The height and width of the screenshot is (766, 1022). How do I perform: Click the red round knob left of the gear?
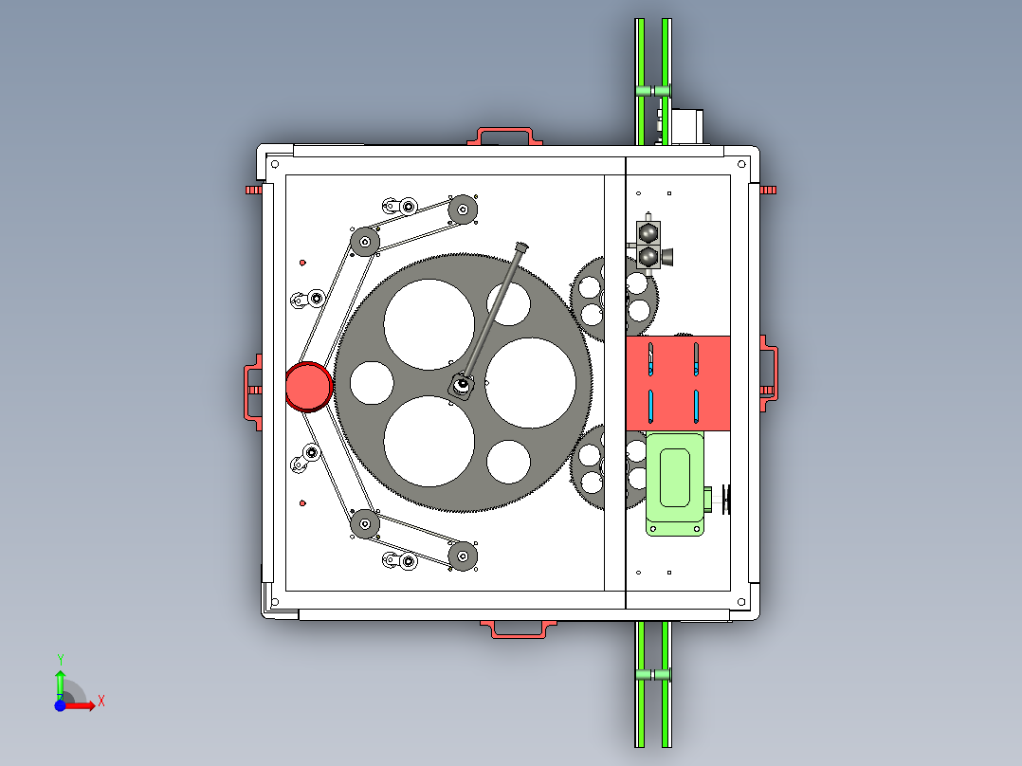pos(309,387)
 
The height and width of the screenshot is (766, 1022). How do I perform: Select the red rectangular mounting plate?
pos(678,382)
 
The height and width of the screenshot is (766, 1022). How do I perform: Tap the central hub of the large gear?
pos(462,384)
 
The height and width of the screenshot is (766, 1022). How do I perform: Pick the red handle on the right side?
pos(769,377)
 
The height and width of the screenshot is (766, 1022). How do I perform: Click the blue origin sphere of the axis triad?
pos(60,705)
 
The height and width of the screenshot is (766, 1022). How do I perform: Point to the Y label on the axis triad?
pos(60,659)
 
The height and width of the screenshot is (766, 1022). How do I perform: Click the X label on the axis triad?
pos(101,702)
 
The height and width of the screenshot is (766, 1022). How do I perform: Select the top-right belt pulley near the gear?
pos(462,210)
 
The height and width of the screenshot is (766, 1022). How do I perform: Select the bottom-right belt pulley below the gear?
pos(462,556)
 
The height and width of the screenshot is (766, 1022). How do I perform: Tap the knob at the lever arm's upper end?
pos(520,248)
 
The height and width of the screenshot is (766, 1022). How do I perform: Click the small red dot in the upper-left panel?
pos(302,263)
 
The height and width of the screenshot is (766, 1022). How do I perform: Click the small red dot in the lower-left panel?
pos(302,502)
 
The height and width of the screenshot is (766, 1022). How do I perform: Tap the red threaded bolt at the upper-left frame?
pos(253,190)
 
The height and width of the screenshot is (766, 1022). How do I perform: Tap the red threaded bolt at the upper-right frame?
pos(769,190)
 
